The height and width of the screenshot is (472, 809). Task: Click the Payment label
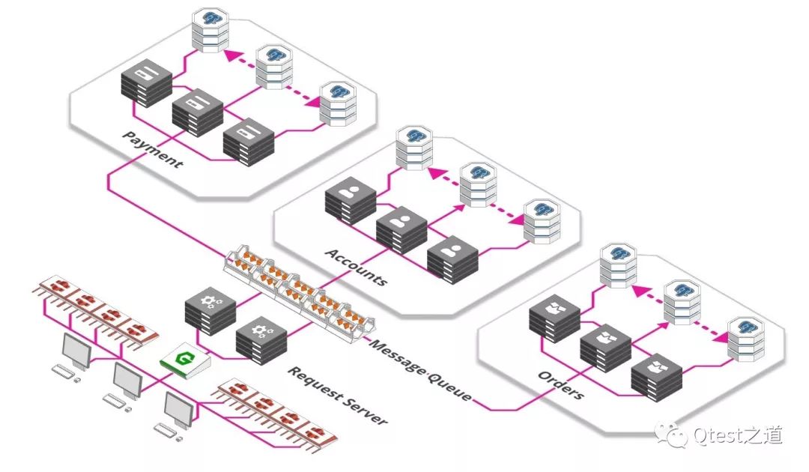[152, 150]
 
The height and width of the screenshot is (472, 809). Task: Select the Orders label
[561, 385]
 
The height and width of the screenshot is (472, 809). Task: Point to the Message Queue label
[420, 370]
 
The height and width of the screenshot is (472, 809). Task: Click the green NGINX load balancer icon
[185, 360]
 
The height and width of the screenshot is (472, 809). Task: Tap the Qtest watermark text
[719, 436]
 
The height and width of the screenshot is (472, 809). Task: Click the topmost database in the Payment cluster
[210, 30]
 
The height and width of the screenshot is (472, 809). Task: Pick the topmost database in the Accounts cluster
[413, 148]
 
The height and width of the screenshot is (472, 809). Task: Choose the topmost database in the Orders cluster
[618, 266]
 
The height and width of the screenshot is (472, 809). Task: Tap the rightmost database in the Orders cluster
[746, 339]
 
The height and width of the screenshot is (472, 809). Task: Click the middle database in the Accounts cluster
[478, 184]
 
